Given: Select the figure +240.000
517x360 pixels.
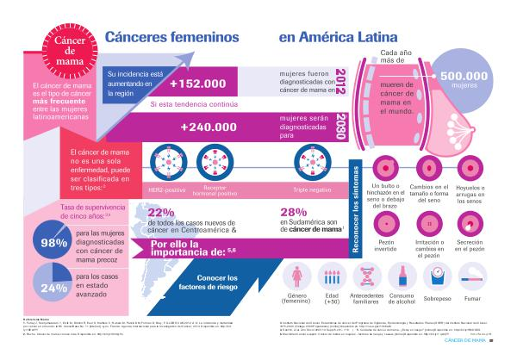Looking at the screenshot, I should [208, 127].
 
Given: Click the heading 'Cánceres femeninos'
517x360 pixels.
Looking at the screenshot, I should [171, 37].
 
